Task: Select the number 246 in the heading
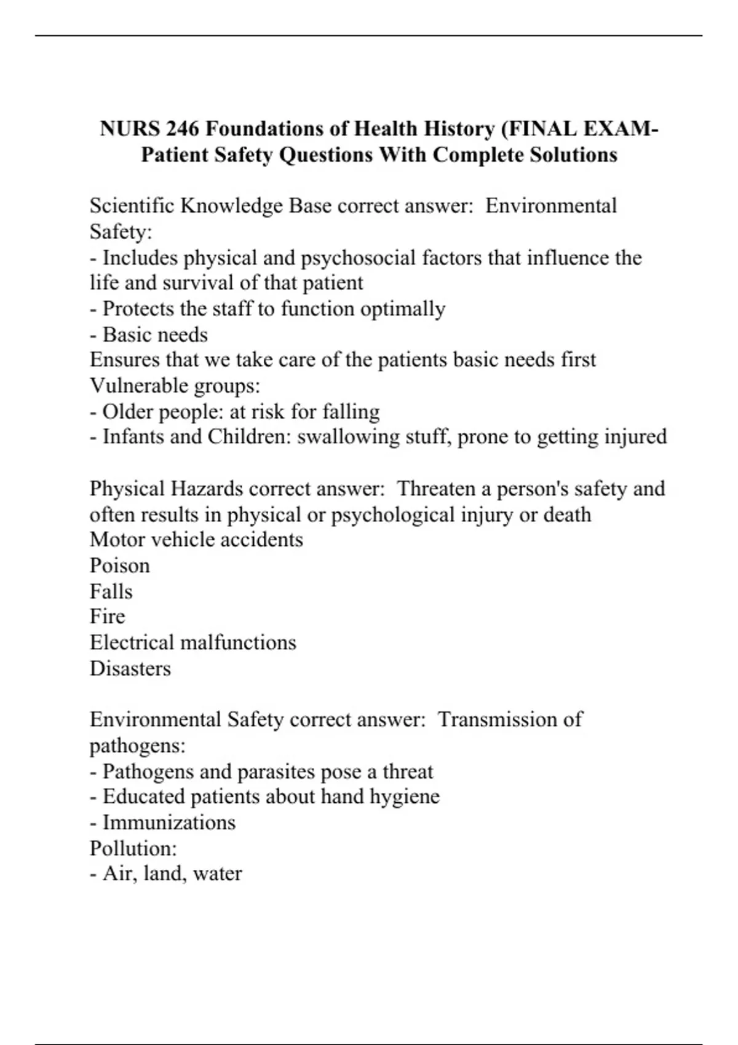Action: (x=182, y=129)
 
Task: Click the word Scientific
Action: (x=132, y=206)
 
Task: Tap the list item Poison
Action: (x=120, y=566)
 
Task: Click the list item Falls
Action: (x=111, y=591)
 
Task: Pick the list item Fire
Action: (x=108, y=617)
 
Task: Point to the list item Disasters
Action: (x=130, y=669)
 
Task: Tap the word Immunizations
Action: (x=169, y=822)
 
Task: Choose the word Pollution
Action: (x=133, y=848)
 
